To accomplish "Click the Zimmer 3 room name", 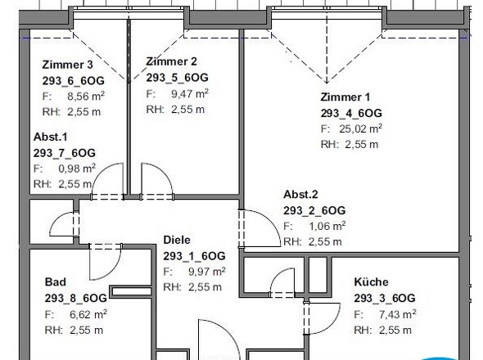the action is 67,65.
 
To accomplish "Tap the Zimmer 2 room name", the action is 171,61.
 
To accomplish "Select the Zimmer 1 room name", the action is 345,97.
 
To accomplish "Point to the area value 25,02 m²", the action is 361,128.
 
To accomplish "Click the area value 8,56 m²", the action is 86,96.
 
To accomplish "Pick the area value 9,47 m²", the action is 190,93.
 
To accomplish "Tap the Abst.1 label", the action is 50,137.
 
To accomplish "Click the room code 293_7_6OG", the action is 65,153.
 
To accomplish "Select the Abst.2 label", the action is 300,195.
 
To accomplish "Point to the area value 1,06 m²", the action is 327,226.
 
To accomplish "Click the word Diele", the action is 177,240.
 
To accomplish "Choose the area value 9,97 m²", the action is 206,272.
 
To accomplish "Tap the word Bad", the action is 56,281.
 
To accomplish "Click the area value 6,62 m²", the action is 88,314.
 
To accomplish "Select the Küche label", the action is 371,281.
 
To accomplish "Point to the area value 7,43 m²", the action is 398,314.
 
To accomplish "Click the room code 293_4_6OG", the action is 351,113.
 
